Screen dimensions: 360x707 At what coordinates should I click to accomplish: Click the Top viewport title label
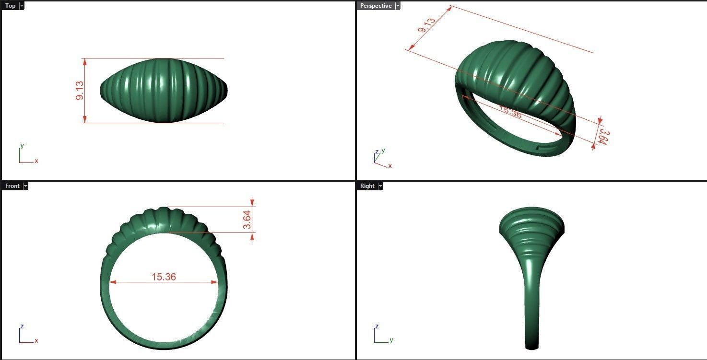click(10, 6)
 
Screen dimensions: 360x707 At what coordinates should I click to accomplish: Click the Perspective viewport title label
click(376, 6)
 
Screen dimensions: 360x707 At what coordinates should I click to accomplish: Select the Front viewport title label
click(12, 186)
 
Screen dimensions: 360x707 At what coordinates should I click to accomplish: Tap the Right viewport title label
click(367, 186)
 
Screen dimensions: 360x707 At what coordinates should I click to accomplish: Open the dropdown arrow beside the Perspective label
click(398, 6)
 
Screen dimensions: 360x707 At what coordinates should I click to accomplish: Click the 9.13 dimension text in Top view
click(80, 90)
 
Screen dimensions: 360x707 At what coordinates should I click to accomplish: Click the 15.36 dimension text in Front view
click(164, 277)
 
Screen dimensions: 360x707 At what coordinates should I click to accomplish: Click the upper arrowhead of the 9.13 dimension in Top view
click(85, 61)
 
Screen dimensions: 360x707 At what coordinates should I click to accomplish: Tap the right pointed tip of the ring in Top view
click(226, 90)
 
